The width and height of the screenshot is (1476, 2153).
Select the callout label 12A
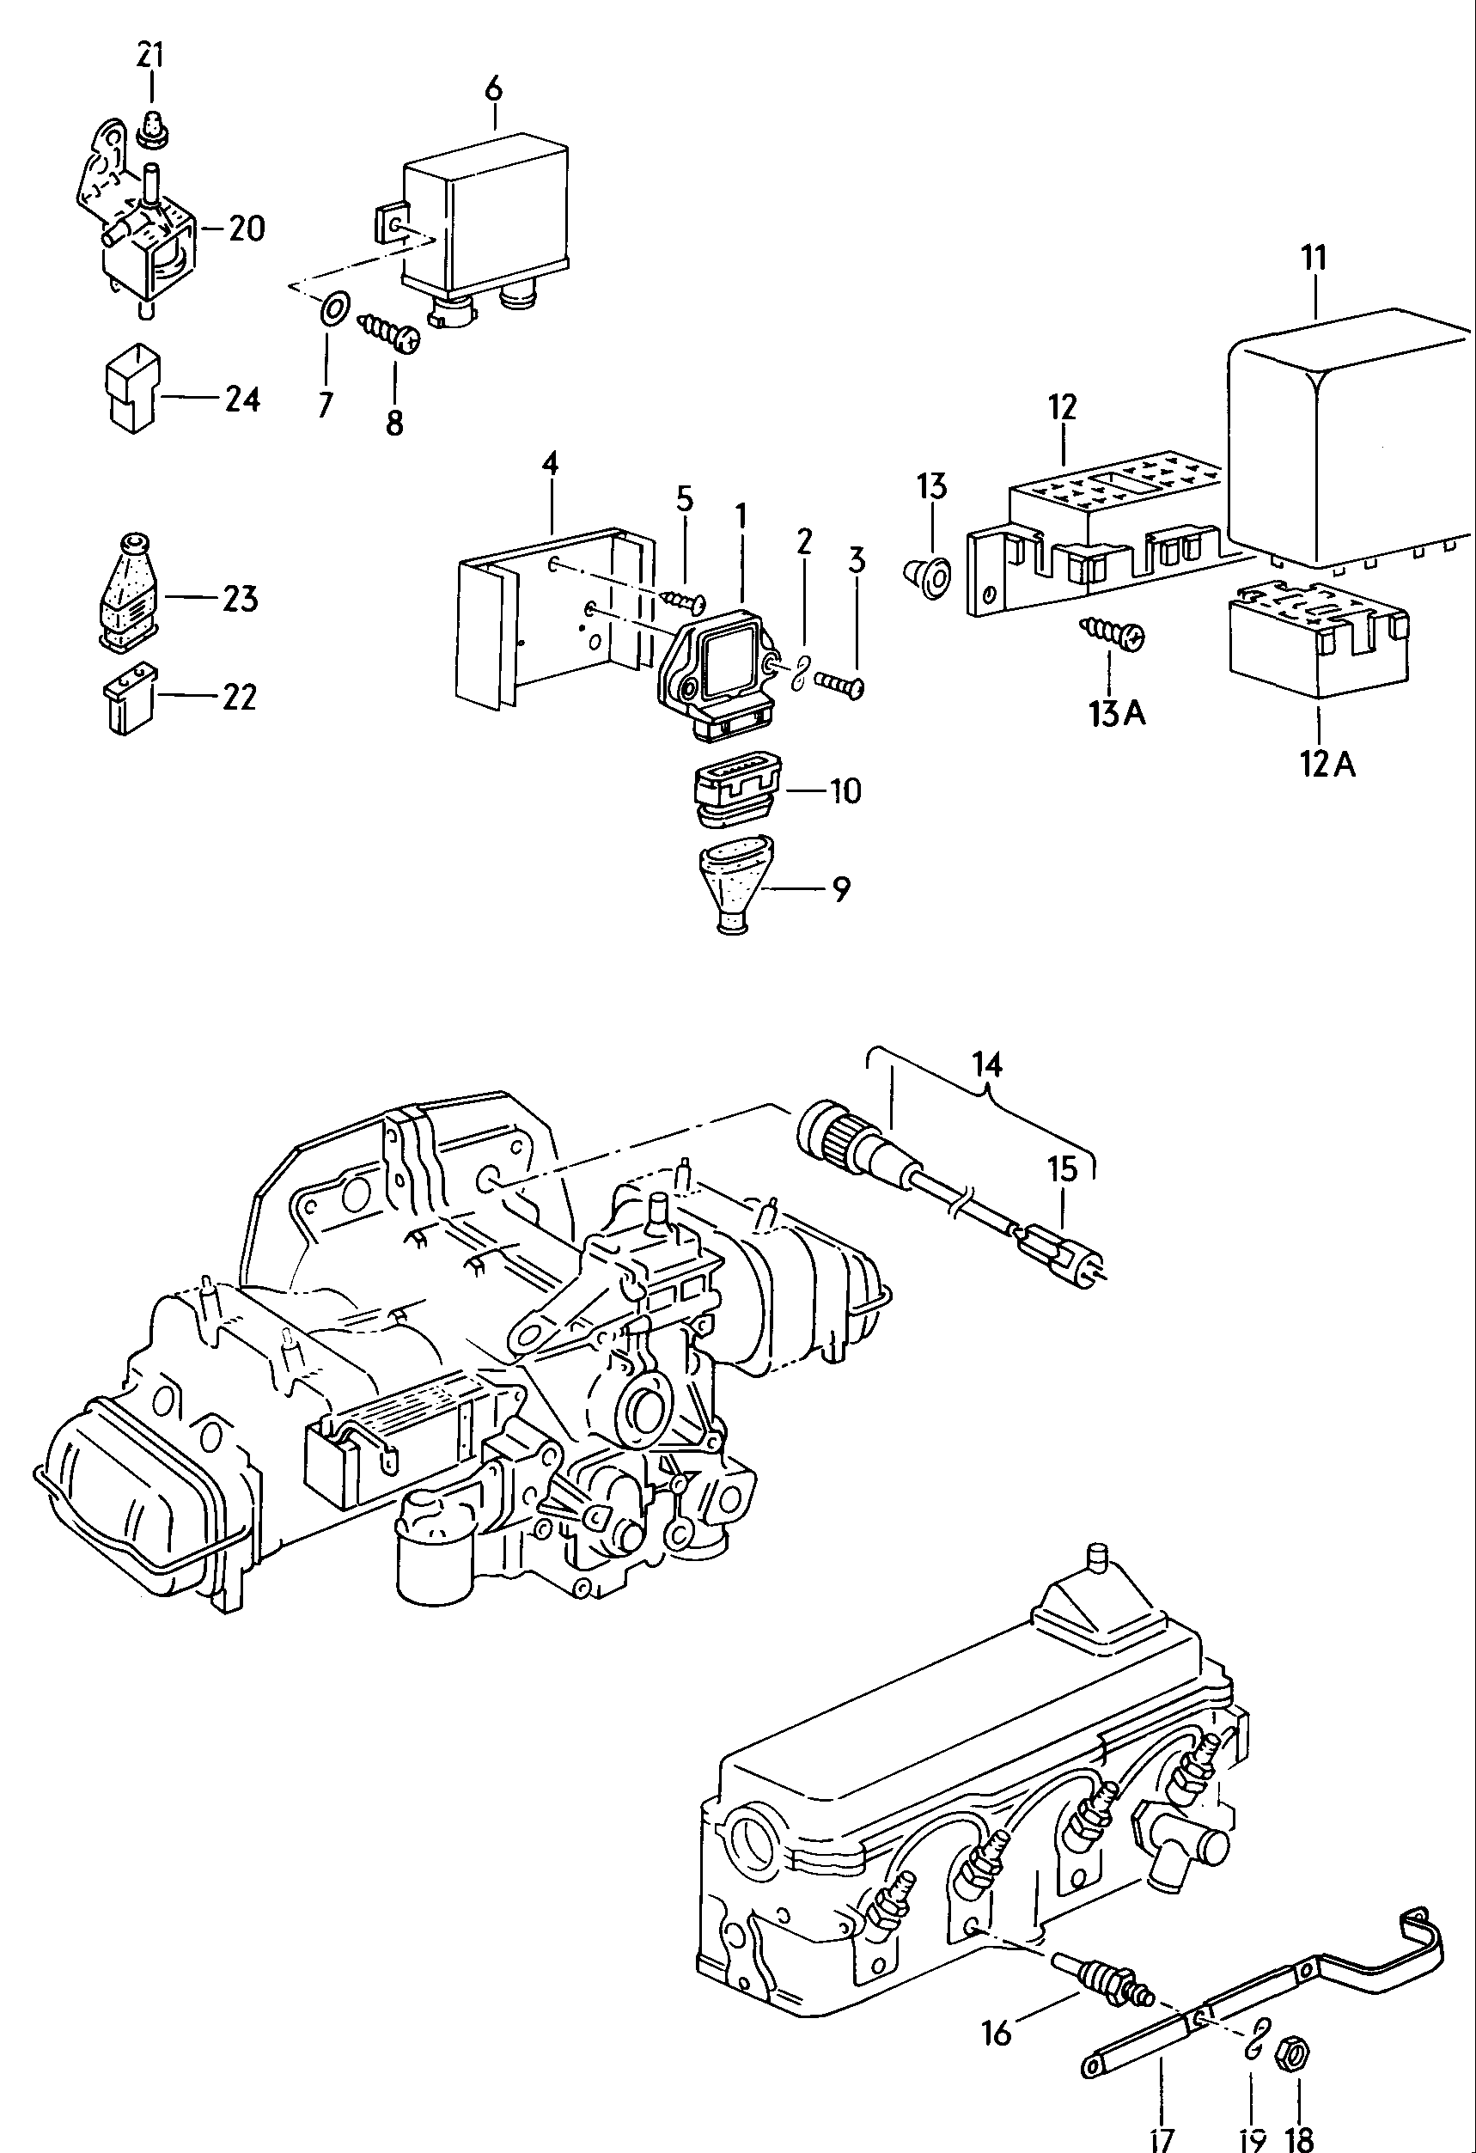(x=1326, y=765)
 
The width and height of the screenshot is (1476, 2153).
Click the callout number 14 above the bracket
(x=987, y=1064)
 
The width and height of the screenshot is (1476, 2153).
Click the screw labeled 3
(x=840, y=685)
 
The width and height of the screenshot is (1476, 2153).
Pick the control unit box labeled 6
(x=485, y=216)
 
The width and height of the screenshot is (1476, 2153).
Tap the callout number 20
(x=246, y=228)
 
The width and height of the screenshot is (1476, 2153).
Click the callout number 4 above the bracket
(x=550, y=463)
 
